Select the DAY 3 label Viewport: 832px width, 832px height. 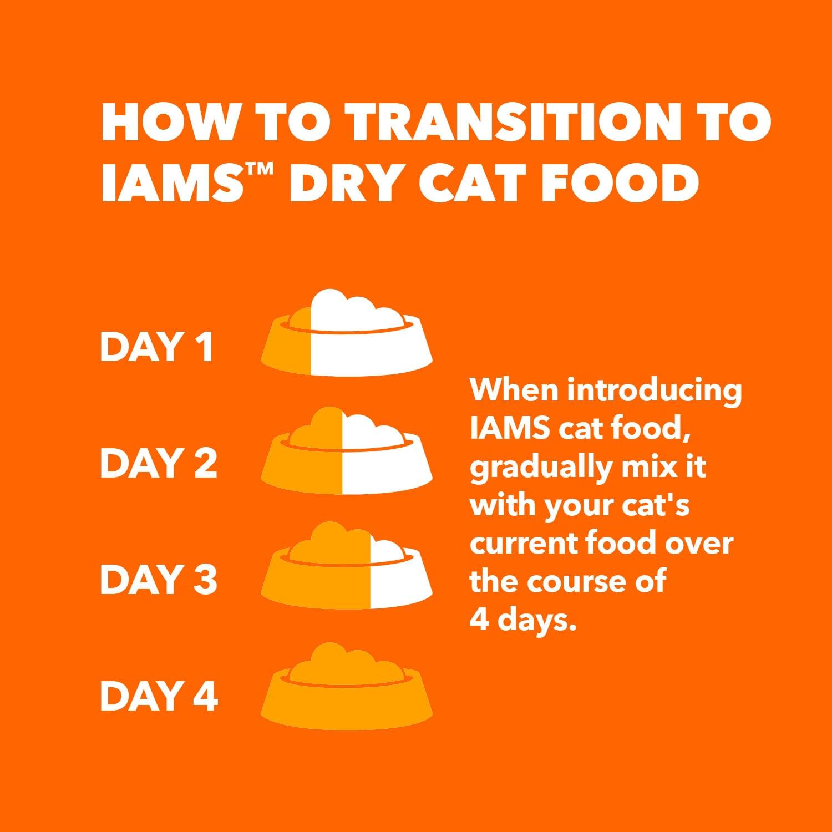coord(158,579)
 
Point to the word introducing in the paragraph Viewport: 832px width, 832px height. coord(655,390)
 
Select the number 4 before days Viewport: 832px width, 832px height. coord(479,620)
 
